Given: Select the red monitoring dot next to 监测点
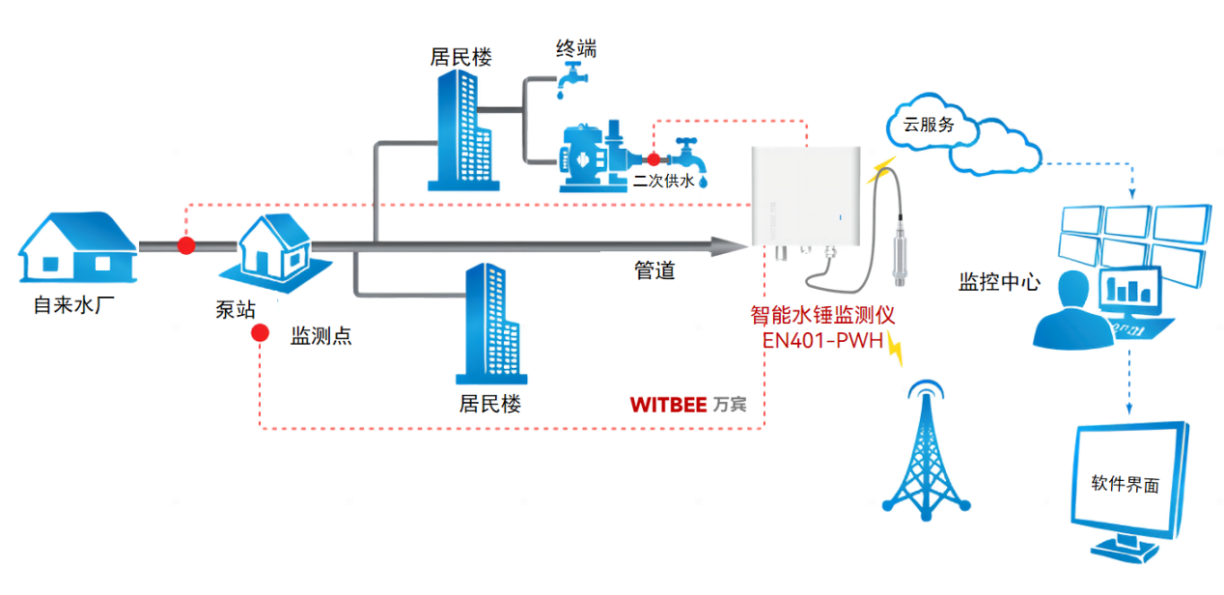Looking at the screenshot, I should coord(260,334).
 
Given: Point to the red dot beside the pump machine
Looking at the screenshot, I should coord(654,159).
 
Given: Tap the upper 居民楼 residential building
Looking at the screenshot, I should coord(460,129).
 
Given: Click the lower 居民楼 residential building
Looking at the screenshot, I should coord(491,324).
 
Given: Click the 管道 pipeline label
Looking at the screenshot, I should coord(654,271).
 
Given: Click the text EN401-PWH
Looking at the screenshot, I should coord(823,340).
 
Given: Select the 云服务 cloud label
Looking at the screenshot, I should coord(928,124).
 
